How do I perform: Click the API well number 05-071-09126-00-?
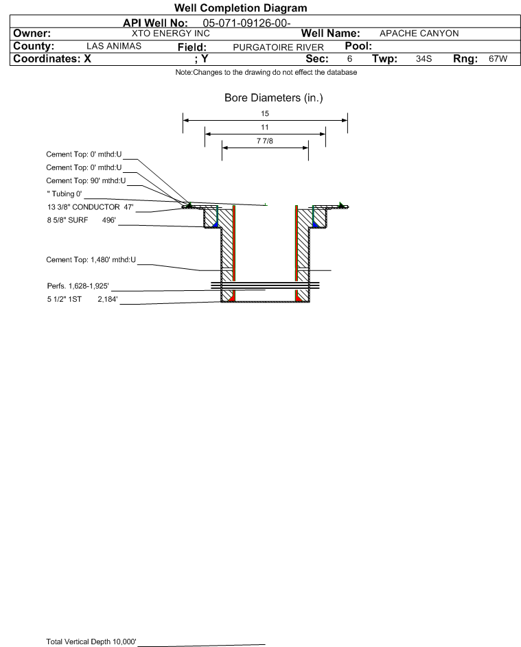click(x=246, y=23)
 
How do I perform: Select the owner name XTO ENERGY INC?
click(x=170, y=34)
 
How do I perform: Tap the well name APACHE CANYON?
click(x=419, y=34)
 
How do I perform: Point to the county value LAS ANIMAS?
click(x=114, y=46)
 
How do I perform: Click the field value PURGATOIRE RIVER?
click(x=278, y=47)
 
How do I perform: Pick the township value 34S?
click(x=424, y=58)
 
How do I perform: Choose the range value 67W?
click(x=498, y=58)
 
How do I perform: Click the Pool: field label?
click(x=358, y=46)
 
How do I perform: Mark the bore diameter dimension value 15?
click(x=265, y=113)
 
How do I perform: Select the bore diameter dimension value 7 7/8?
click(x=265, y=141)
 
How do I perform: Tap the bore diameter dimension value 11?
click(x=265, y=127)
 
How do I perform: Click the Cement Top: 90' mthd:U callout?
click(x=86, y=180)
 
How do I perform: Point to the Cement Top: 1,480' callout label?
click(x=91, y=260)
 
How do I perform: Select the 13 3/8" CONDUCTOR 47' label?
click(x=91, y=207)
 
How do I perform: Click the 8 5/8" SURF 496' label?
click(x=81, y=220)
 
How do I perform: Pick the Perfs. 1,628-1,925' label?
click(x=78, y=286)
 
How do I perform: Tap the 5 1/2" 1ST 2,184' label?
click(x=82, y=299)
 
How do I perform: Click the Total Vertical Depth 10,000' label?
click(x=91, y=642)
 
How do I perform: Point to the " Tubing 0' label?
click(x=65, y=194)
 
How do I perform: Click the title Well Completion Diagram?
click(x=241, y=8)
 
